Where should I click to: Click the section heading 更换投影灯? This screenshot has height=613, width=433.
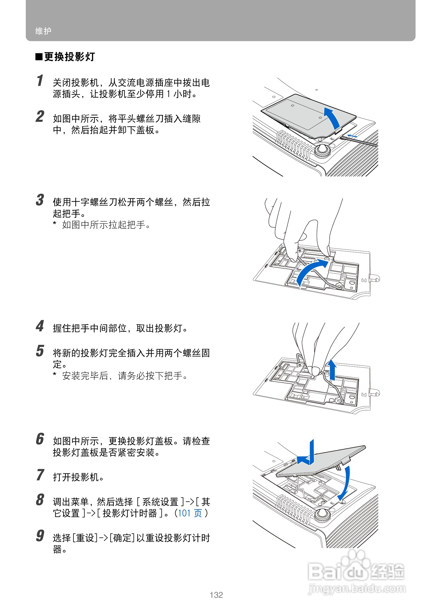point(69,57)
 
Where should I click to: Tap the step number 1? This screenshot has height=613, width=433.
point(40,81)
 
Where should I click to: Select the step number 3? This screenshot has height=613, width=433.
point(40,200)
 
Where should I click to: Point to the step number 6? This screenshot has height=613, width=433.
point(40,439)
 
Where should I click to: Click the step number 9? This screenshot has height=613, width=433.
point(40,535)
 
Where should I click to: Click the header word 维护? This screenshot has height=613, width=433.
point(43,31)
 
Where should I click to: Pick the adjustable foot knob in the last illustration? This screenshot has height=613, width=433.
point(322,515)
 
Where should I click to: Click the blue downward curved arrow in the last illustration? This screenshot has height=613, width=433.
point(345,483)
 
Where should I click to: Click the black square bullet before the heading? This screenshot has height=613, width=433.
point(39,57)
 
